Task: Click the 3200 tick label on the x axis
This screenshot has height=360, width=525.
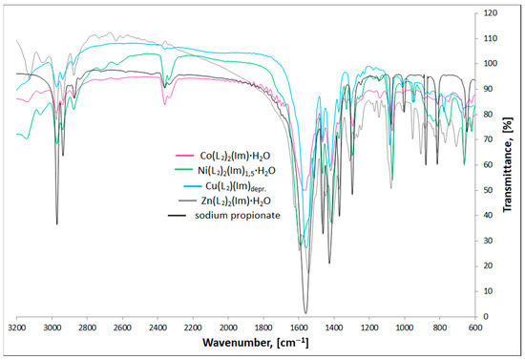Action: (17, 327)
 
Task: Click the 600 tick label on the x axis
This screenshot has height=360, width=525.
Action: (474, 327)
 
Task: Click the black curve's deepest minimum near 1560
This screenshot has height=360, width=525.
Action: (305, 312)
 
